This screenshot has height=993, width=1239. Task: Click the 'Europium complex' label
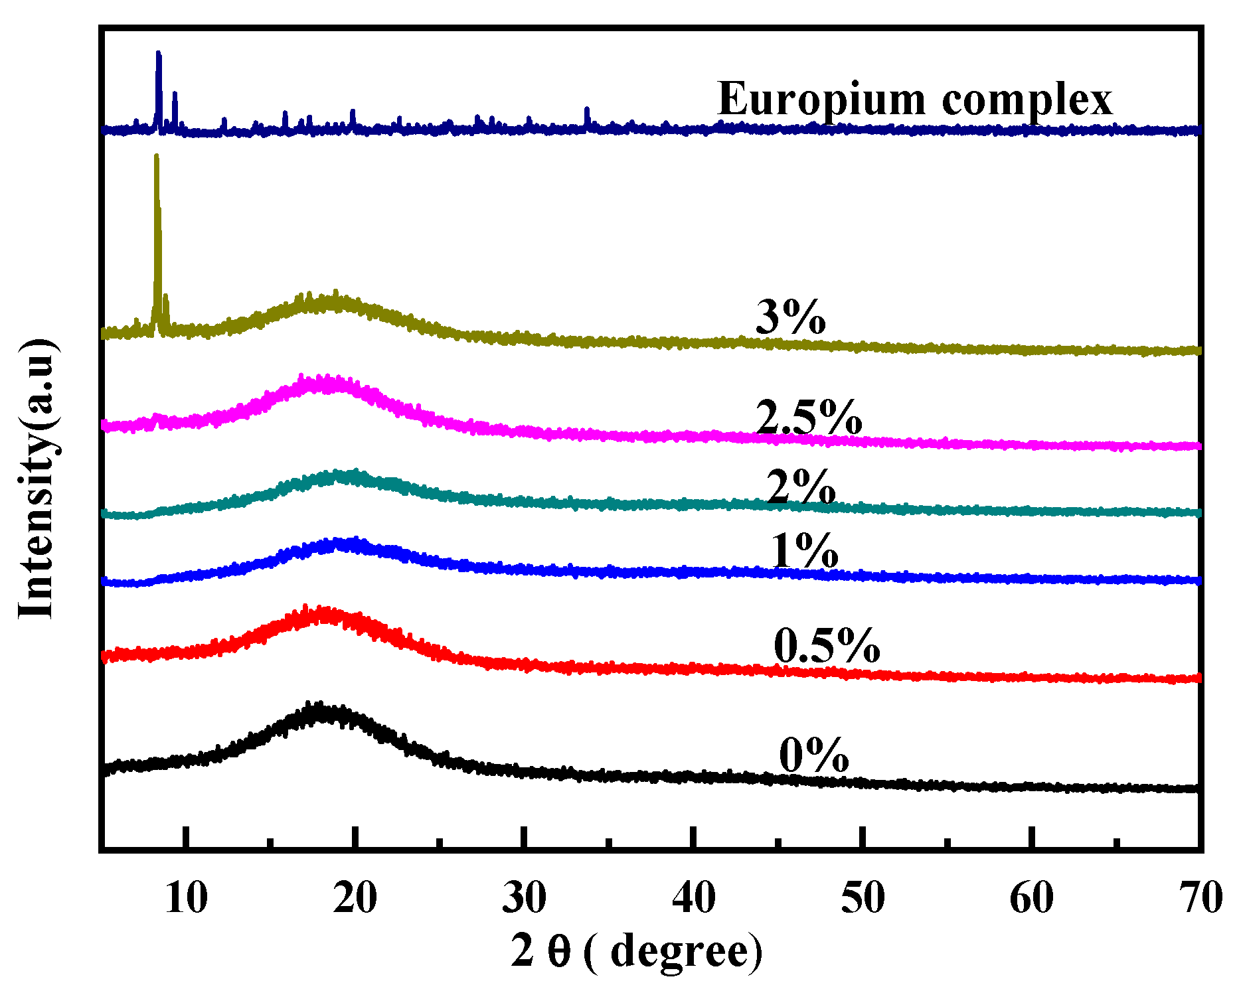[914, 100]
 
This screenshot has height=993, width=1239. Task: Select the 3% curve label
[790, 317]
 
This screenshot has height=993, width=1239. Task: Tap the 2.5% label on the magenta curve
[808, 418]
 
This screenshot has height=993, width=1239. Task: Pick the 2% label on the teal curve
[800, 487]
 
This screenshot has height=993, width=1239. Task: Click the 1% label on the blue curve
[805, 551]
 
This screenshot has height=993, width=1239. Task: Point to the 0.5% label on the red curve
[827, 645]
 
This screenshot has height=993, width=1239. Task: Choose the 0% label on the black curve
[813, 755]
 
